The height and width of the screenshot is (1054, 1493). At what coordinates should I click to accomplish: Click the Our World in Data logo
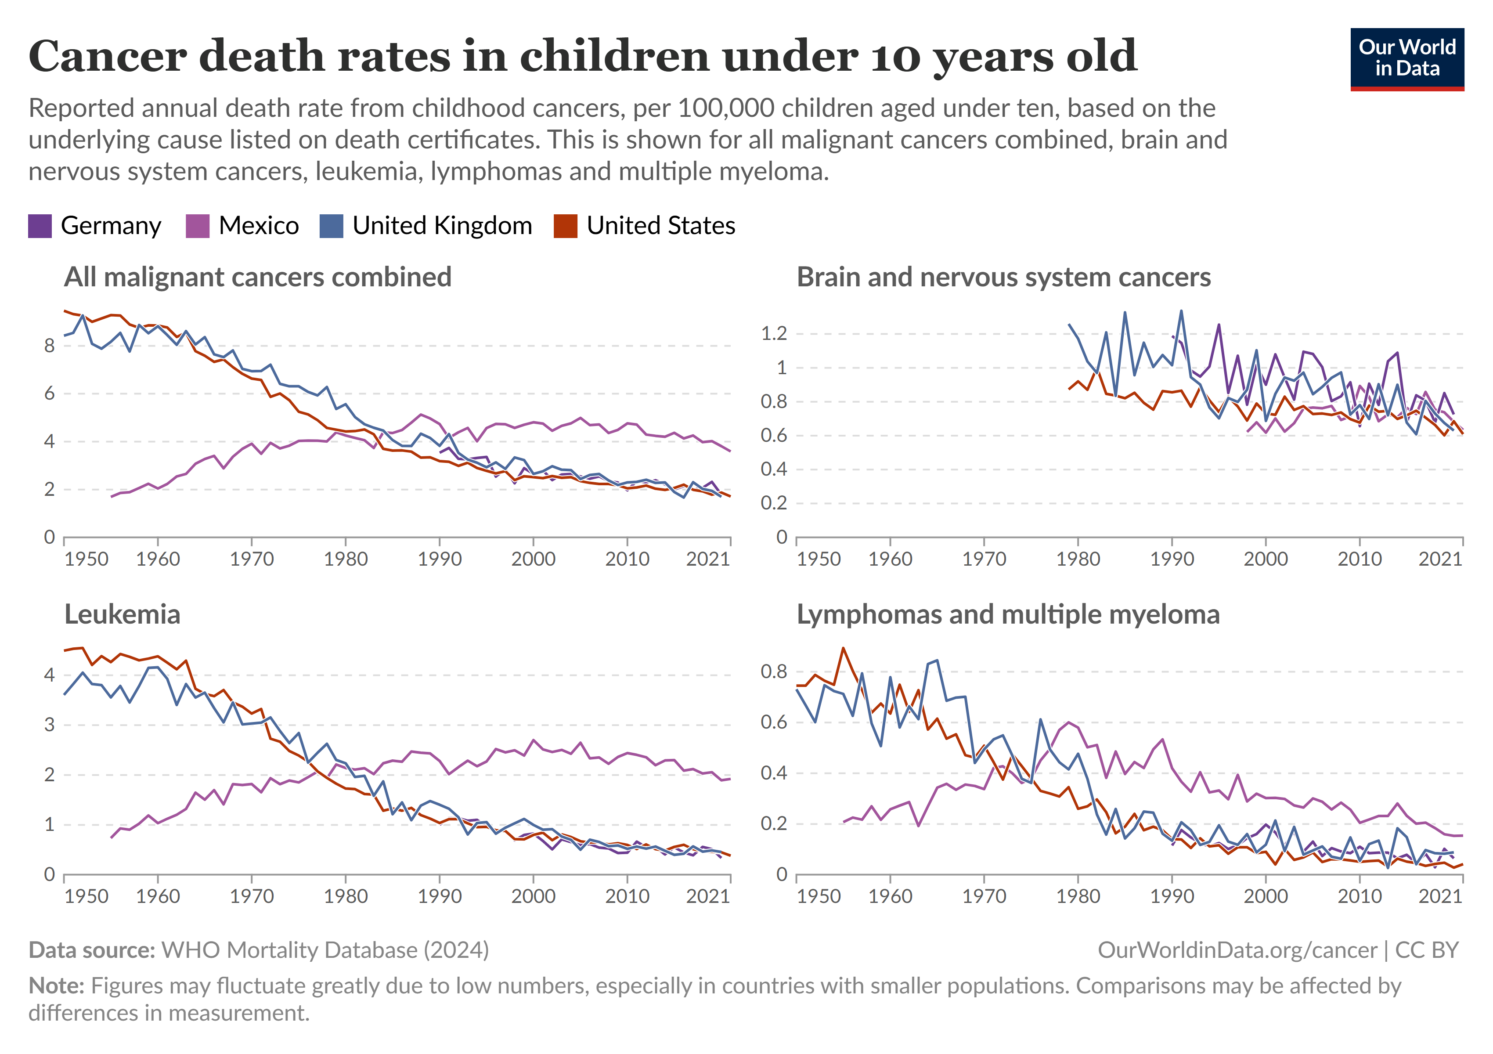(x=1406, y=58)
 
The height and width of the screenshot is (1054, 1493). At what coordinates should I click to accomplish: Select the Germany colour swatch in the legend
(x=40, y=226)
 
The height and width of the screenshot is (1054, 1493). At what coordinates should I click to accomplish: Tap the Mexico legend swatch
(x=198, y=226)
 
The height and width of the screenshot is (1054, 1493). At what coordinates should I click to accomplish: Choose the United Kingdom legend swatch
(x=331, y=226)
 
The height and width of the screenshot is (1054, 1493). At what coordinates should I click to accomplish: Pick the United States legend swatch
(x=565, y=226)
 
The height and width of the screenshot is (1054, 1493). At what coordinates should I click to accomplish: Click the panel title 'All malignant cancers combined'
(x=257, y=278)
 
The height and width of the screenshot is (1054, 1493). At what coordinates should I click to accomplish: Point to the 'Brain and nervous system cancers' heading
(x=1003, y=278)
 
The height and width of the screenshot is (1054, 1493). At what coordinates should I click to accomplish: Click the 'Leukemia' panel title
(x=122, y=614)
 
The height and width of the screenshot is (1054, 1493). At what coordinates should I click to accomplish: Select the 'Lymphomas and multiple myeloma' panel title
(x=1008, y=614)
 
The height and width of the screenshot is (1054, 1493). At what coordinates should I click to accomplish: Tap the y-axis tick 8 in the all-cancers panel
(x=50, y=346)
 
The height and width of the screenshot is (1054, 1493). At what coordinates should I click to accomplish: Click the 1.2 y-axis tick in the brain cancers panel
(x=774, y=334)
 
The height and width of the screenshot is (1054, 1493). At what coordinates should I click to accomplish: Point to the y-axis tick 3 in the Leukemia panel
(x=50, y=725)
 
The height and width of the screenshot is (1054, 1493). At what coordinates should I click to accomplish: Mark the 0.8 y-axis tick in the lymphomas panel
(x=774, y=671)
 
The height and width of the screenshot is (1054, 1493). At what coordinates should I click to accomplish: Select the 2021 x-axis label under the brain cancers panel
(x=1440, y=559)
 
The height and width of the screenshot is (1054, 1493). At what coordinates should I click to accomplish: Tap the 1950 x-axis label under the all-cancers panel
(x=87, y=559)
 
